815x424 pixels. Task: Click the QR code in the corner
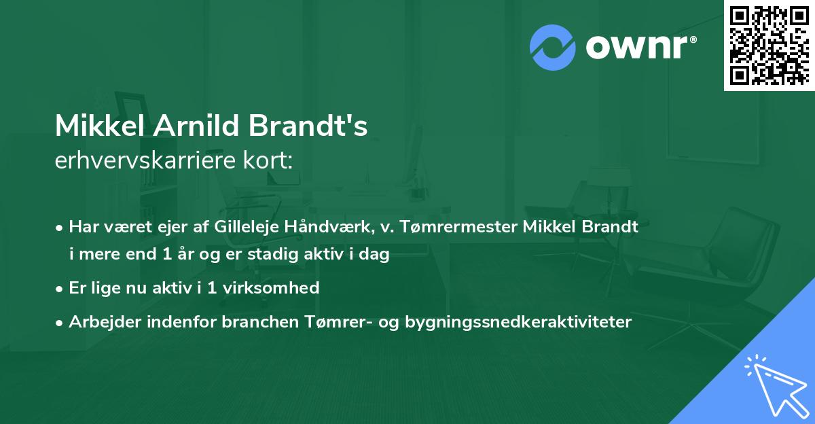tap(769, 45)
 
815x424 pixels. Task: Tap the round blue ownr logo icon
tap(553, 47)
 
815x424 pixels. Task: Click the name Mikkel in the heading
tap(101, 126)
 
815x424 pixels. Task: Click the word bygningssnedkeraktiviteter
tap(518, 322)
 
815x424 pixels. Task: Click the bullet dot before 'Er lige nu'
tap(61, 288)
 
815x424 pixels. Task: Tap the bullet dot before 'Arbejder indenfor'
tap(61, 323)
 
